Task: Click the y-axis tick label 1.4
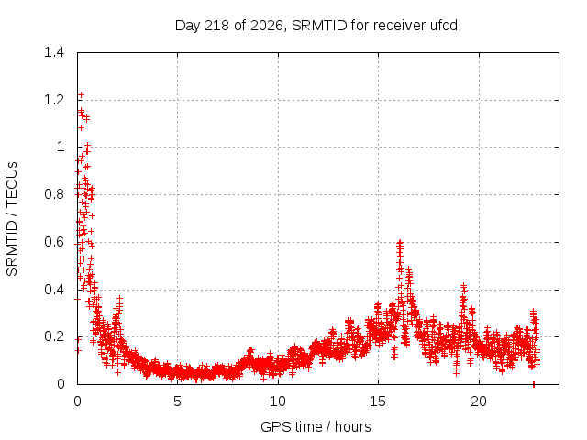(54, 52)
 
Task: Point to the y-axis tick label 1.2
(54, 100)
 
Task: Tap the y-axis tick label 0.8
(54, 194)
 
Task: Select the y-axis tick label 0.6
(54, 242)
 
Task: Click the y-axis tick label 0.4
(54, 290)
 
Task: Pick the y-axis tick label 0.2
(54, 336)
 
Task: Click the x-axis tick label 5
(177, 401)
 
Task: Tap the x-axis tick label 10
(278, 401)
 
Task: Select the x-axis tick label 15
(378, 401)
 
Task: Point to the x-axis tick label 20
(479, 401)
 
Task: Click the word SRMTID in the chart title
(319, 26)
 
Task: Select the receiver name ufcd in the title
(444, 26)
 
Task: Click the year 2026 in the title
(266, 26)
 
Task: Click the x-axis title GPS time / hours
(316, 427)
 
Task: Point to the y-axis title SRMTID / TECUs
(12, 219)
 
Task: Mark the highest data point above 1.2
(81, 95)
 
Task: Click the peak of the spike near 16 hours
(400, 242)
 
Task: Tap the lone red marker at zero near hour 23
(534, 384)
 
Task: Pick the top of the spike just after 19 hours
(464, 286)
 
